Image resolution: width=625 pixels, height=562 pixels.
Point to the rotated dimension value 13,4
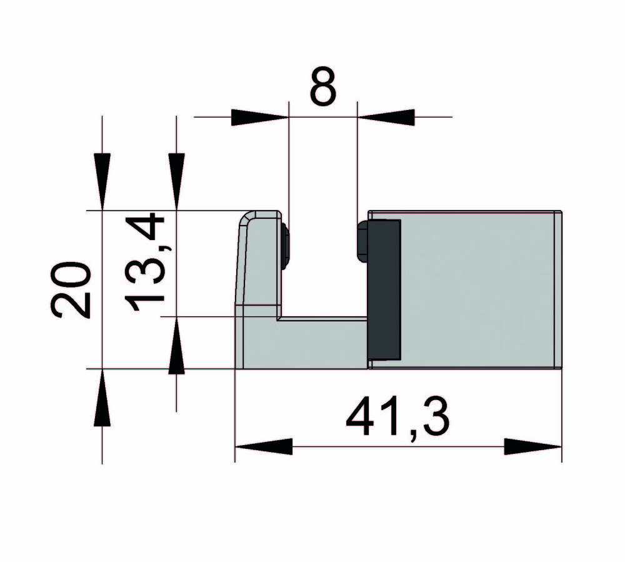(x=146, y=263)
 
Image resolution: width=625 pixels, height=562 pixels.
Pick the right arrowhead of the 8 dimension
(x=386, y=117)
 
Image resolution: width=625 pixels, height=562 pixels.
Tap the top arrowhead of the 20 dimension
(x=102, y=181)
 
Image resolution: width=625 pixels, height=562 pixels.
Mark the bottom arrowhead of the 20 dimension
(x=102, y=398)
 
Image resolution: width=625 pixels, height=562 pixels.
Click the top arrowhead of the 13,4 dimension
(x=177, y=181)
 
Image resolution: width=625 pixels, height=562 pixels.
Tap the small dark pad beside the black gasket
(x=362, y=241)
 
